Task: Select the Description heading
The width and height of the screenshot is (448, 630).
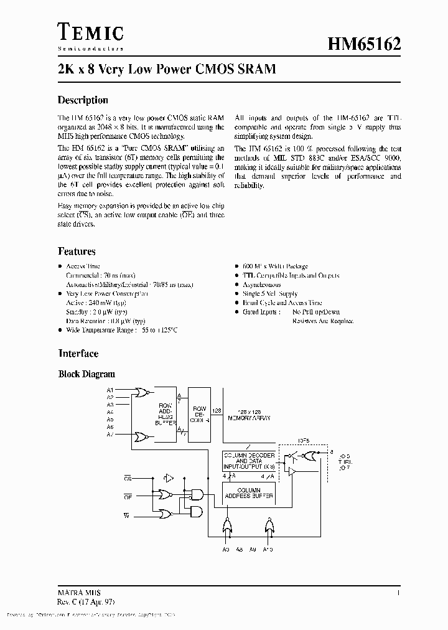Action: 83,100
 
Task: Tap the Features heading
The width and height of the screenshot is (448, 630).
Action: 77,252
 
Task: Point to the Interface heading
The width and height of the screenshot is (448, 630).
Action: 78,353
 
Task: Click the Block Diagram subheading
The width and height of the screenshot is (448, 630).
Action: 86,374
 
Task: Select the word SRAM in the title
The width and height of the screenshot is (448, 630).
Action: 256,69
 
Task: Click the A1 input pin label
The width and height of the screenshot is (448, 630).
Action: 110,390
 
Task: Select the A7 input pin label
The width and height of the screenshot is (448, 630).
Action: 110,435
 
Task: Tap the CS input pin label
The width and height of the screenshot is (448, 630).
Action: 128,478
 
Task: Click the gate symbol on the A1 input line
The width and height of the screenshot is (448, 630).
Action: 142,393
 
